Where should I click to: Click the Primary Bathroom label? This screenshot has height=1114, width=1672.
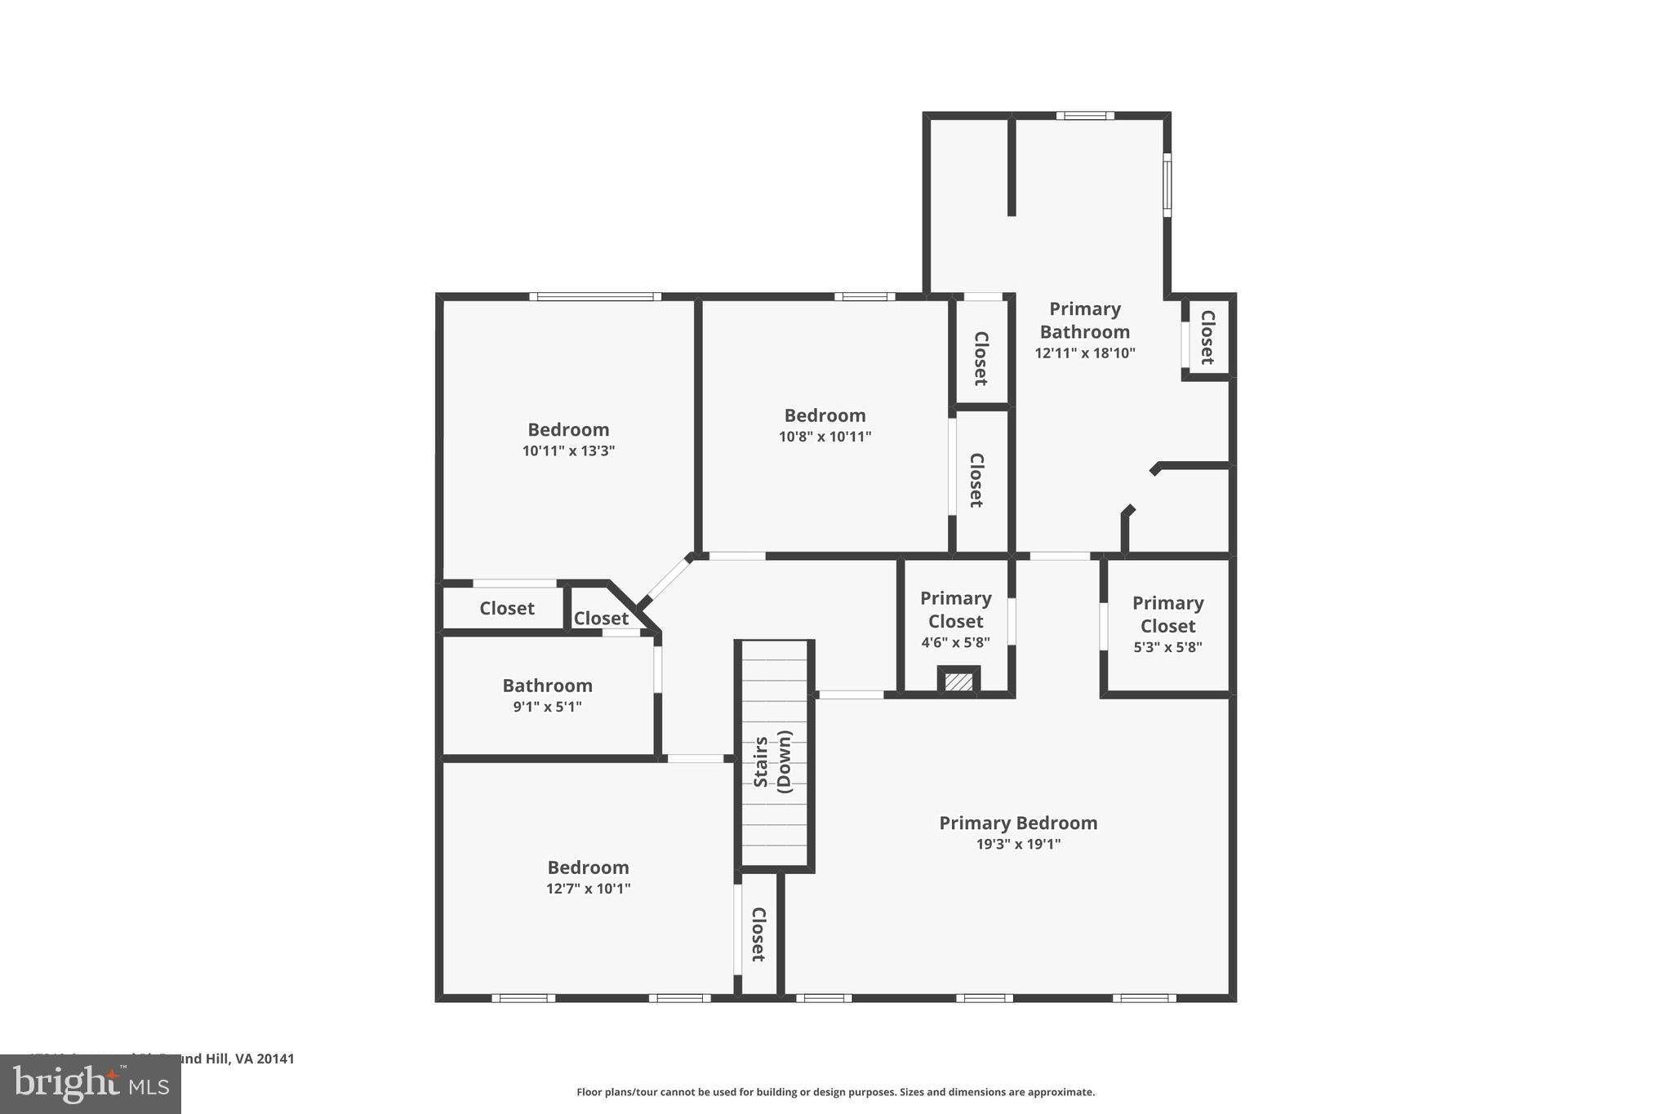[x=1084, y=320]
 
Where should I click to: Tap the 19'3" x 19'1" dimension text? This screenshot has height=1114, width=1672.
[x=1018, y=844]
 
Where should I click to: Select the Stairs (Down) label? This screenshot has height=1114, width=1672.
[x=772, y=761]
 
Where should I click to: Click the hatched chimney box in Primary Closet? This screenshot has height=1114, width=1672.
[x=958, y=681]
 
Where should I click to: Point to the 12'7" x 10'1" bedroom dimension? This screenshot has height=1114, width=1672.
[x=588, y=888]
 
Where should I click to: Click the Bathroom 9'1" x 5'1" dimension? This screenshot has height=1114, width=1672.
[x=547, y=707]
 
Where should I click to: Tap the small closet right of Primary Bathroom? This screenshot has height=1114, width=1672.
[x=1207, y=337]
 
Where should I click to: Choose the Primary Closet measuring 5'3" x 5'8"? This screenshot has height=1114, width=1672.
[x=1167, y=625]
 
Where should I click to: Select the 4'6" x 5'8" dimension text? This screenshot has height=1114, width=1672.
[x=955, y=642]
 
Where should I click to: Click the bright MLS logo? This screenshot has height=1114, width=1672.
[x=91, y=1084]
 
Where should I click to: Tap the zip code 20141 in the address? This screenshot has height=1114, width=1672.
[x=275, y=1059]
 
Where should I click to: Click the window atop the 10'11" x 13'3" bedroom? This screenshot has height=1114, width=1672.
[x=595, y=297]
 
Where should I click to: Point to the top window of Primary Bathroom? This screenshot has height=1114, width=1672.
[x=1085, y=116]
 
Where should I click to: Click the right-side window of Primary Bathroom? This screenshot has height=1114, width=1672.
[x=1167, y=184]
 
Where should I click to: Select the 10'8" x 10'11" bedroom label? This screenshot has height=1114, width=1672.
[x=825, y=415]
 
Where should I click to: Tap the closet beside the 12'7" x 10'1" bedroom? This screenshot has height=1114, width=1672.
[x=758, y=934]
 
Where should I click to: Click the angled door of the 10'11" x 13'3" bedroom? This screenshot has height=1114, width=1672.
[x=667, y=580]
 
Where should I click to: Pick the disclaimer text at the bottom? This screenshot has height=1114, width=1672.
[x=835, y=1092]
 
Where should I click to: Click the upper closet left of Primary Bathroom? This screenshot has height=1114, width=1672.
[x=981, y=357]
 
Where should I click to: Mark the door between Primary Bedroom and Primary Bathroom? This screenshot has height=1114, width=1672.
[x=1059, y=557]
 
